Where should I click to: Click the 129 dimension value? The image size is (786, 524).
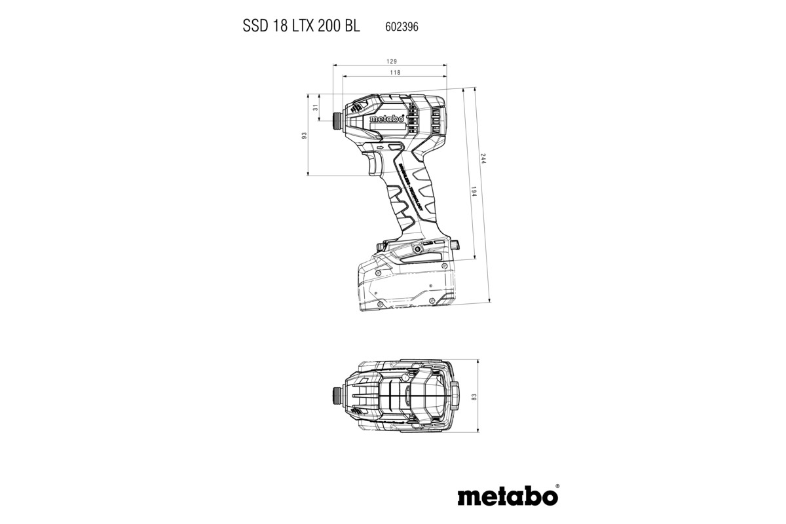point(391,60)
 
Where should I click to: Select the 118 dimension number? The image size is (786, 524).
point(395,72)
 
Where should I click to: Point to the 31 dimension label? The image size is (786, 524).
point(315,107)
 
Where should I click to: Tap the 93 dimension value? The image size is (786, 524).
point(304,135)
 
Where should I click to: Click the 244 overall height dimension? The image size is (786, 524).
point(484,162)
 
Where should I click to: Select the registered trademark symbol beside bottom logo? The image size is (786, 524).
point(557,487)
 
